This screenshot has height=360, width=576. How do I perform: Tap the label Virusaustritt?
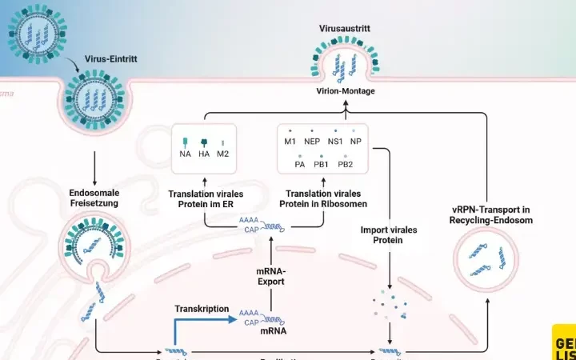(344, 29)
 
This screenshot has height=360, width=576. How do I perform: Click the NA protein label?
(185, 154)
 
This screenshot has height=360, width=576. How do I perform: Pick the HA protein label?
(204, 154)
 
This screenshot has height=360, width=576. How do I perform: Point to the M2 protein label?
(223, 154)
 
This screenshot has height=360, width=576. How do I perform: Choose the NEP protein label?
(312, 142)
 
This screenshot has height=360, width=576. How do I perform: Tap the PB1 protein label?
(322, 164)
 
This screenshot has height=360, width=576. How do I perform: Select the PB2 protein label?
(346, 164)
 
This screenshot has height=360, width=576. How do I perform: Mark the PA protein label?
(299, 164)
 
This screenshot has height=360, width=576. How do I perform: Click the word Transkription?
(202, 308)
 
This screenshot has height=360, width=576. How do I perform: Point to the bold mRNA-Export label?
(271, 276)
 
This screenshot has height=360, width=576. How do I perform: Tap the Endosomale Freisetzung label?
(95, 198)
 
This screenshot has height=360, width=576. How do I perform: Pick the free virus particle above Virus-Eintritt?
(35, 30)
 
